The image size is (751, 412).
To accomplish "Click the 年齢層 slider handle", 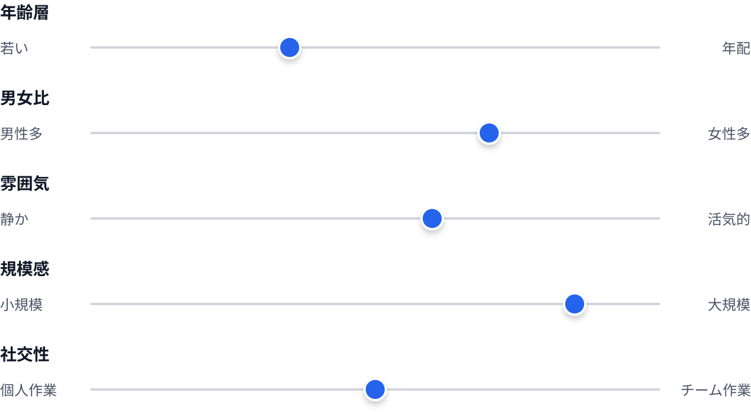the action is (290, 47).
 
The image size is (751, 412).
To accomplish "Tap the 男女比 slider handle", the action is (489, 133).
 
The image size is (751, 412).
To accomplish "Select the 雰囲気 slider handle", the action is (432, 218).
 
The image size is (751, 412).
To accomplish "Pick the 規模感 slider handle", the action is (575, 304).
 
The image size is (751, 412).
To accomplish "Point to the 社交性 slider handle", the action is (375, 389).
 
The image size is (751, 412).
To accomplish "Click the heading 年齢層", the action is (24, 13).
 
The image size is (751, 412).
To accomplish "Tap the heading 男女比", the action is (24, 99).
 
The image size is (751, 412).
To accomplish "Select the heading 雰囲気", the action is (24, 184).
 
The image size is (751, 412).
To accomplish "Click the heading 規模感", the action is (24, 270).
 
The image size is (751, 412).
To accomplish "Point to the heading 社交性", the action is (24, 355).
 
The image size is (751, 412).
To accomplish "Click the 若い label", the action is (14, 48).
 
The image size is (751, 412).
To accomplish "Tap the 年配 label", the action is (736, 48).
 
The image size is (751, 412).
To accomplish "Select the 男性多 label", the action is (21, 134).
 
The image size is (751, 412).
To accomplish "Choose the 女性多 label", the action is (729, 134).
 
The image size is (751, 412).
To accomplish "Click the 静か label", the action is (14, 219).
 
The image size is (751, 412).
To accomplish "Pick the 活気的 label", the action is (729, 219).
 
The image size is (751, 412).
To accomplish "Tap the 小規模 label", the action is (21, 305).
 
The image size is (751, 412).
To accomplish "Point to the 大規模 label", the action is (729, 305).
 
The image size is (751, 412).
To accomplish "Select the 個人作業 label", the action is (28, 390).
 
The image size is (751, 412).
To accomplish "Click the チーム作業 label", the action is (716, 390).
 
